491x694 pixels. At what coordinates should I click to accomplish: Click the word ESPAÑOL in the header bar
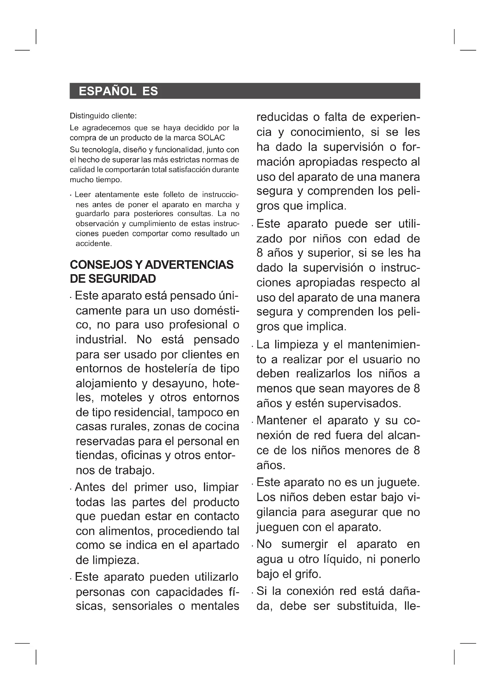tap(107, 91)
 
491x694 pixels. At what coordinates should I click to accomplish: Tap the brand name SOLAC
tap(211, 138)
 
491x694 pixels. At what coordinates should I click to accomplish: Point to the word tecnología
tap(100, 150)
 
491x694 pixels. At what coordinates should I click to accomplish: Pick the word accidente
tap(94, 244)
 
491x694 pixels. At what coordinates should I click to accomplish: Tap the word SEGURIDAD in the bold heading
tap(122, 279)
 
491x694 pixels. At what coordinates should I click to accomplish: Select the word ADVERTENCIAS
tap(189, 265)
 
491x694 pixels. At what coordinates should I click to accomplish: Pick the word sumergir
tap(305, 544)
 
